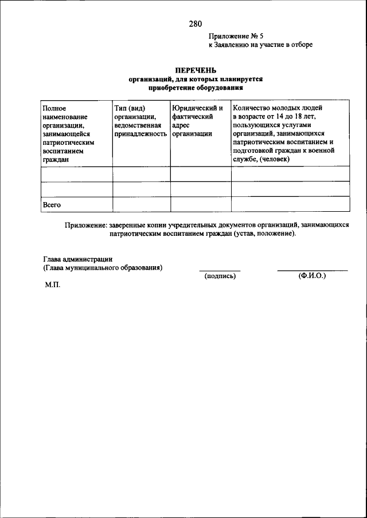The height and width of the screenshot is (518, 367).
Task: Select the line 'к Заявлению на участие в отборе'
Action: (x=260, y=45)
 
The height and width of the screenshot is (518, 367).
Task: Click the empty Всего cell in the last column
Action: (x=290, y=204)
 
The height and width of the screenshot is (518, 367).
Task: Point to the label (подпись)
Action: (x=220, y=276)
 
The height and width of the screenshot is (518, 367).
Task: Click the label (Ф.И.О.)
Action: (x=312, y=275)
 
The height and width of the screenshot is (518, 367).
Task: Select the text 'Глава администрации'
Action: (x=77, y=259)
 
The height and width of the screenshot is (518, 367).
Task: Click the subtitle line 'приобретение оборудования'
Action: (x=196, y=89)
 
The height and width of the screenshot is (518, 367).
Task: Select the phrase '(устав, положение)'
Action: (x=264, y=235)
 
